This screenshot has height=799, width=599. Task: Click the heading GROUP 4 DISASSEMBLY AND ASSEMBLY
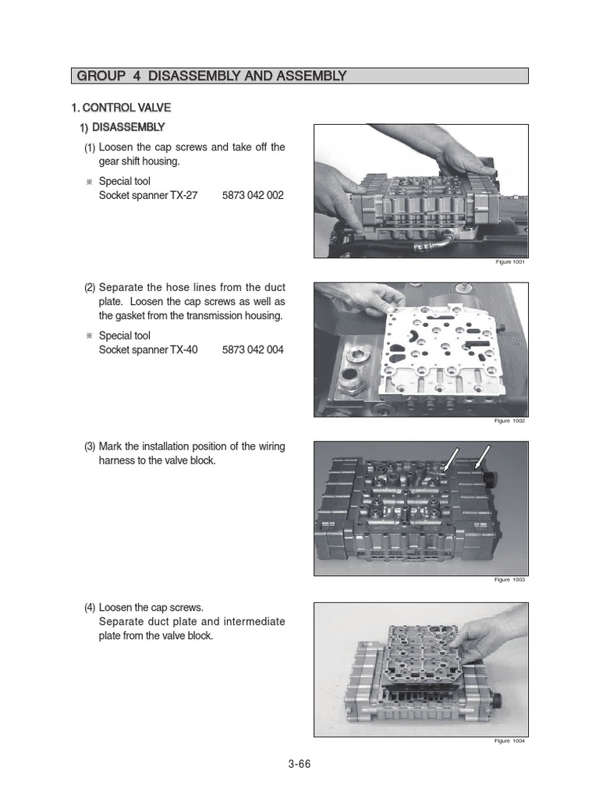211,76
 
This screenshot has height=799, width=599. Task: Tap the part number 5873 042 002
253,196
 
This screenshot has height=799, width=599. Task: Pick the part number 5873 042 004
253,350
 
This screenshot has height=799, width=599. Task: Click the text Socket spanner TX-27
148,196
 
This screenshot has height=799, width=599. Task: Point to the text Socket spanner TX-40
148,350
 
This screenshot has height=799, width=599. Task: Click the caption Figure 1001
511,262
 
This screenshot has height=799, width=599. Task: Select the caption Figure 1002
511,421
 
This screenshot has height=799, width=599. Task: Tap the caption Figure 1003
511,581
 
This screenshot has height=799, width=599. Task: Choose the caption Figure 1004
511,741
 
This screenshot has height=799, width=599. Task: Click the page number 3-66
299,764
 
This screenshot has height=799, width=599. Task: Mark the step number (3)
90,447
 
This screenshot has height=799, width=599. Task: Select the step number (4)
90,607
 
